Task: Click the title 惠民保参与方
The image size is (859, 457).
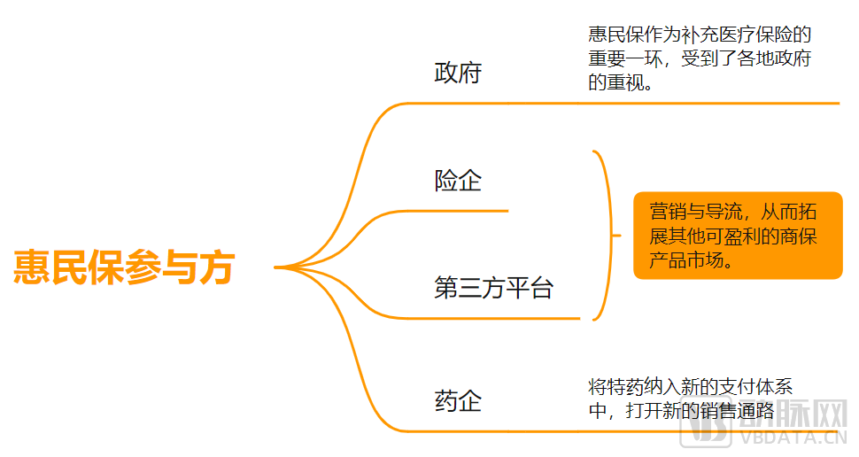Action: pyautogui.click(x=123, y=267)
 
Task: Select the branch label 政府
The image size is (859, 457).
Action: pyautogui.click(x=457, y=73)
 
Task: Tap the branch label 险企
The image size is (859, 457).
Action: pyautogui.click(x=457, y=181)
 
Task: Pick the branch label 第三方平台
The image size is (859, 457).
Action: pyautogui.click(x=493, y=288)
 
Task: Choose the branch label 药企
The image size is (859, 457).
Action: pyautogui.click(x=457, y=400)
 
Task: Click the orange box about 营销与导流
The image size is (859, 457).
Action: pyautogui.click(x=738, y=236)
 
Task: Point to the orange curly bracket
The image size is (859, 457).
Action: pyautogui.click(x=606, y=236)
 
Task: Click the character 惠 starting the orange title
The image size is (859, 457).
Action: pyautogui.click(x=32, y=267)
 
